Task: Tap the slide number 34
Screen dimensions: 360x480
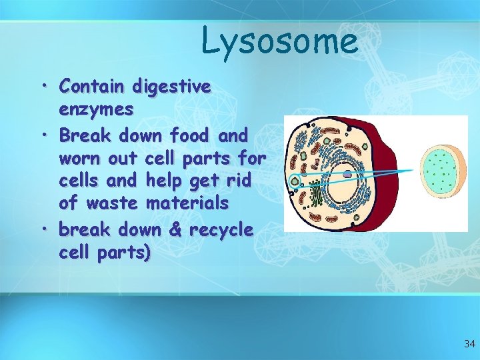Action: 469,344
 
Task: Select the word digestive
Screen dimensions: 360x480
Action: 172,87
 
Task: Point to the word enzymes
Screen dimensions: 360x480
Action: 96,109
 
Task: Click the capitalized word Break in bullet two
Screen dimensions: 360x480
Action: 86,135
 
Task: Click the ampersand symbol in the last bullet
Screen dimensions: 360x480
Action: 177,230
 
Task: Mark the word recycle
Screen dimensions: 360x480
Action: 221,230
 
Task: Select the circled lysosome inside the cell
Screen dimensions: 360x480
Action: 295,179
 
